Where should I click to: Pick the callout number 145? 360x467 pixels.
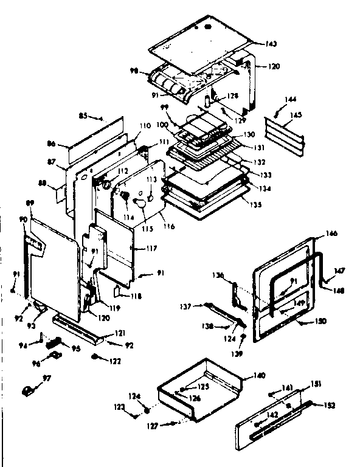[x=296, y=114]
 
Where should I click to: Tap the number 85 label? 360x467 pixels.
[x=84, y=115]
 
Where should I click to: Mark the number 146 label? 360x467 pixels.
[x=331, y=233]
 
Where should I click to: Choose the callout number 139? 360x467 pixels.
[x=242, y=353]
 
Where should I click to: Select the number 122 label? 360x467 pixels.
[x=114, y=361]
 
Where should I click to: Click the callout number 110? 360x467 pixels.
[x=145, y=126]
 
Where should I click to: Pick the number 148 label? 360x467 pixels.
[x=338, y=290]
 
